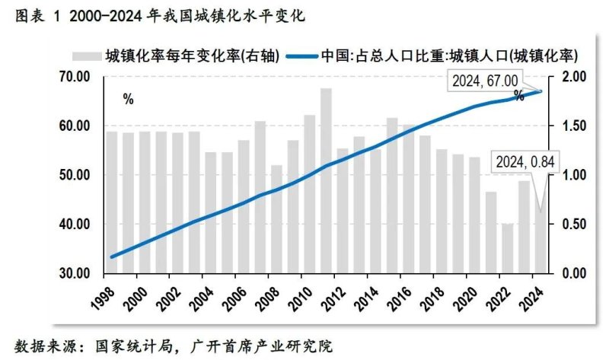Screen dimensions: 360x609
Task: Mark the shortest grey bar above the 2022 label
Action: pos(507,248)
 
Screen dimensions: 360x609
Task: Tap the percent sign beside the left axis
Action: pos(127,100)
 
